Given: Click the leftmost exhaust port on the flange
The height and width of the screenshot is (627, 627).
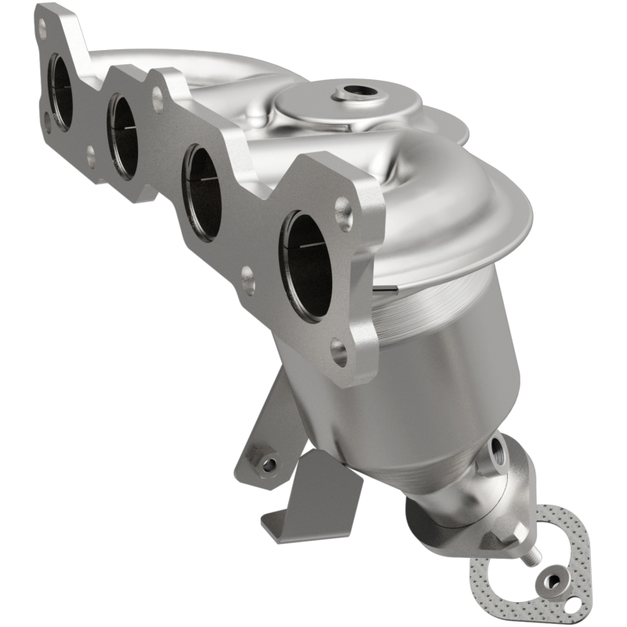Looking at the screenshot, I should (60, 92).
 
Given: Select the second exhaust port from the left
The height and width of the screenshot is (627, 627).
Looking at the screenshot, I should (122, 136).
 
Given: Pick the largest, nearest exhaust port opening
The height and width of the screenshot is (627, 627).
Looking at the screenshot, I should (307, 265).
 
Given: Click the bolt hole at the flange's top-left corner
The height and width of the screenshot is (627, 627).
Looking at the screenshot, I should (40, 31).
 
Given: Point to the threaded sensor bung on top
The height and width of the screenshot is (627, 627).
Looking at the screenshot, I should (353, 93).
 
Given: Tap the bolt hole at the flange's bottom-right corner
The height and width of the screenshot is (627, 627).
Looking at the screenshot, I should (339, 353).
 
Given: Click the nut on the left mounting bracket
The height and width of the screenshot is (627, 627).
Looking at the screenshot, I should (267, 464).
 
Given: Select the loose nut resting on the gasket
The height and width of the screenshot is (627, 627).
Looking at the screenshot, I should (552, 582).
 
